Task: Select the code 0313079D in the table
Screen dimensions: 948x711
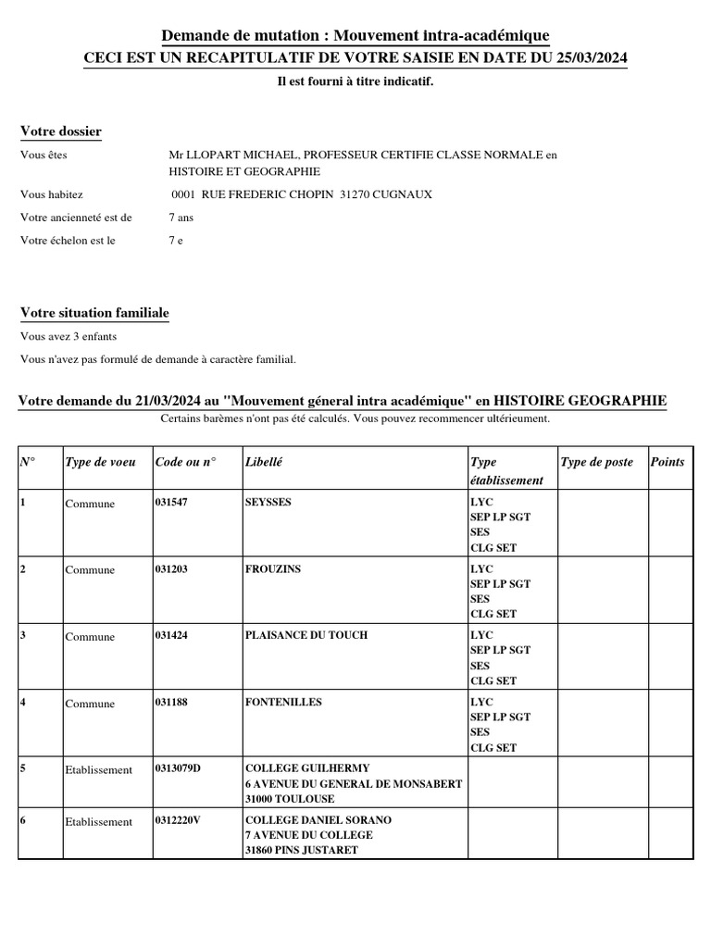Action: (178, 768)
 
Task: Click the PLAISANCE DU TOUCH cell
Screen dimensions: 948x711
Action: (306, 635)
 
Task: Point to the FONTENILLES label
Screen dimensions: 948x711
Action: (283, 702)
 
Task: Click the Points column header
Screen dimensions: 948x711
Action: (667, 461)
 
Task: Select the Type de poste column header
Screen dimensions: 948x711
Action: (597, 461)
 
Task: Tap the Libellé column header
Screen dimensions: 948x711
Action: (264, 461)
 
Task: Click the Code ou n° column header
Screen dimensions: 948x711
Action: (185, 461)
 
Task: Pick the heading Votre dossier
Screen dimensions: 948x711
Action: (61, 131)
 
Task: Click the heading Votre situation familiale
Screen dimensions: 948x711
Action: (94, 313)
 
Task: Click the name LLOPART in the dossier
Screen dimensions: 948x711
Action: (212, 155)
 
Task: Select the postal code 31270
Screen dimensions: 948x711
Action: (355, 194)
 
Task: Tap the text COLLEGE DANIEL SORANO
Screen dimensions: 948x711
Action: (318, 820)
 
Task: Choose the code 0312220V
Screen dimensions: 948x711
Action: (178, 820)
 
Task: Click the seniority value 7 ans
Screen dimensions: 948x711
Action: (181, 218)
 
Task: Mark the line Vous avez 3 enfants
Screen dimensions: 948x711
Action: (69, 337)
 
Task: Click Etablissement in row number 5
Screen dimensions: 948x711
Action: (99, 769)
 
